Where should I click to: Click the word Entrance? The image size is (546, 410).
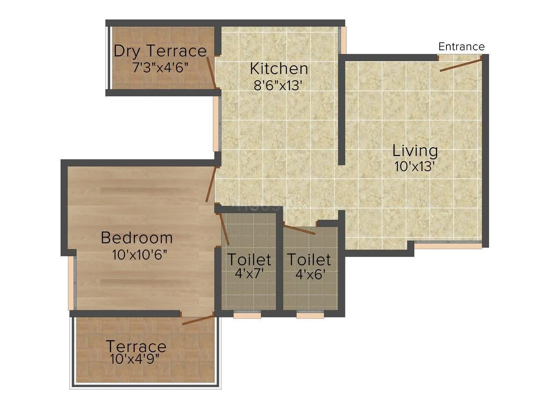click(461, 47)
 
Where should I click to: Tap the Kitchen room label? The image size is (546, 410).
click(279, 68)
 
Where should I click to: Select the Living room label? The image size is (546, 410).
click(415, 150)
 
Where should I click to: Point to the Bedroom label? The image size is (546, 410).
click(137, 238)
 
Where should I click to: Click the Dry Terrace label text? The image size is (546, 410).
click(160, 51)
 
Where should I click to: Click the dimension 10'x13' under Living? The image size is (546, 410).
click(414, 167)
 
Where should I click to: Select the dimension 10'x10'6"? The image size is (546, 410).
click(140, 255)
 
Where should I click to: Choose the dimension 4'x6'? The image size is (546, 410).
click(310, 274)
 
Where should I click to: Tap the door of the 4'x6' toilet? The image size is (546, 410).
click(299, 230)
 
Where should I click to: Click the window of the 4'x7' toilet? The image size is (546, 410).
click(247, 315)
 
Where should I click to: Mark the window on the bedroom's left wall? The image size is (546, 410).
click(71, 283)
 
